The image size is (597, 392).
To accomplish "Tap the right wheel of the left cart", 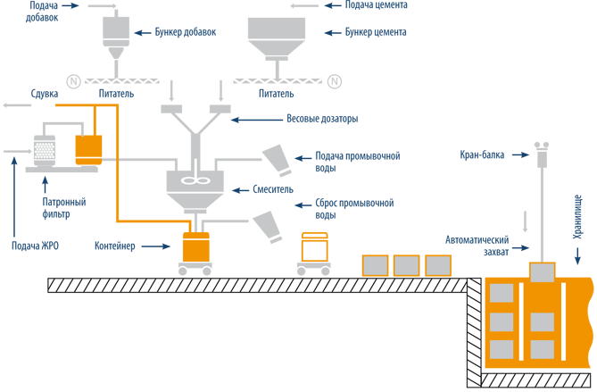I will (x=208, y=270).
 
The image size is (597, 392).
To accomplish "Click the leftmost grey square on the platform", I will (x=375, y=266).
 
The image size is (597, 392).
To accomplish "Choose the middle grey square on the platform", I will (x=406, y=266).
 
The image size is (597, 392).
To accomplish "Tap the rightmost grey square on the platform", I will (x=437, y=266).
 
